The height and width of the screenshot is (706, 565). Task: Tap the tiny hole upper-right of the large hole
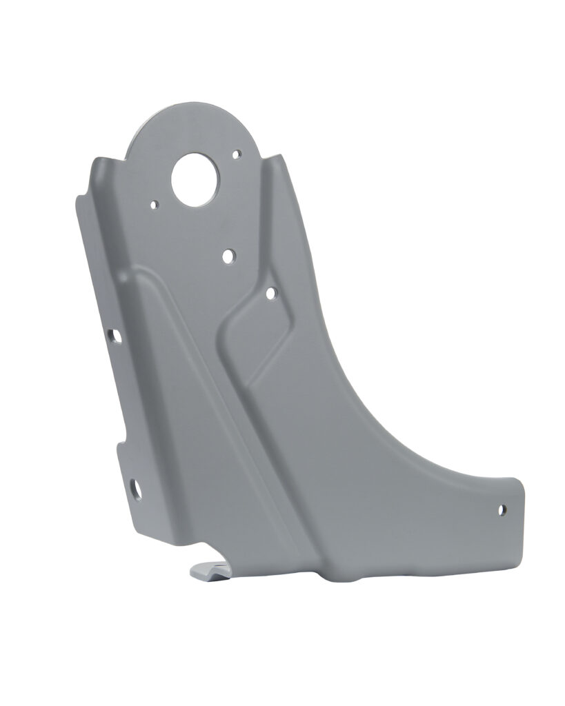click(237, 154)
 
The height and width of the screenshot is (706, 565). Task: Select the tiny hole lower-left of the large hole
click(155, 204)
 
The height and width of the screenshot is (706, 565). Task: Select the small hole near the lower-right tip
click(502, 510)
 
